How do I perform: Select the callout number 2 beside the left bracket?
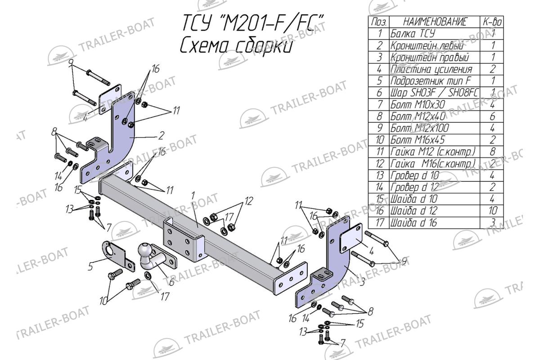pyautogui.click(x=161, y=134)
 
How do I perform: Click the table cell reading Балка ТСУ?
pyautogui.click(x=413, y=33)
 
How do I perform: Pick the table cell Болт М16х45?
pyautogui.click(x=418, y=139)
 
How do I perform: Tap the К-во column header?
pyautogui.click(x=492, y=22)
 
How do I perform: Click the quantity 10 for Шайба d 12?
pyautogui.click(x=492, y=210)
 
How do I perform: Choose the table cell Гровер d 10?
pyautogui.click(x=414, y=175)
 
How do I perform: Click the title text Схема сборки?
pyautogui.click(x=237, y=46)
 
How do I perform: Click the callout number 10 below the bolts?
pyautogui.click(x=104, y=300)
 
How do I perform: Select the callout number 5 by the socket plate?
pyautogui.click(x=90, y=267)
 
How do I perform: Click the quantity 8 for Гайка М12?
pyautogui.click(x=492, y=151)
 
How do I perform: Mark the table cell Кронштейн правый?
pyautogui.click(x=429, y=57)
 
